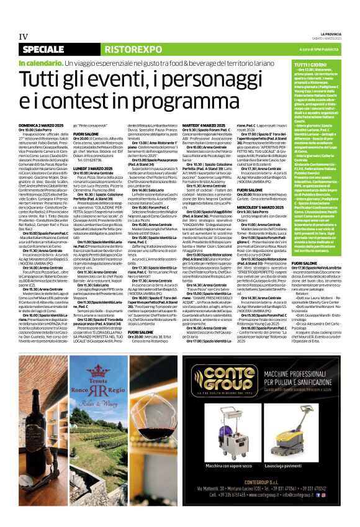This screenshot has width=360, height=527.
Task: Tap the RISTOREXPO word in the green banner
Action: coord(120,48)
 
